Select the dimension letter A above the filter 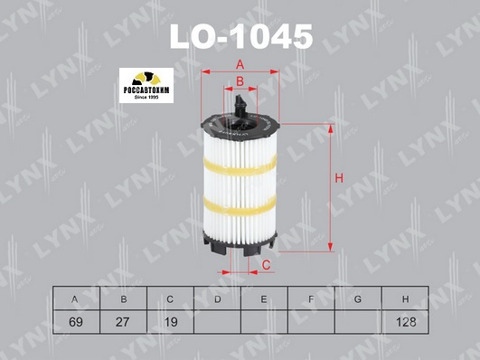pyautogui.click(x=240, y=63)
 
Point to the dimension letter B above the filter pyautogui.click(x=240, y=82)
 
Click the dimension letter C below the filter pyautogui.click(x=267, y=264)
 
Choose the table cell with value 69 pyautogui.click(x=75, y=320)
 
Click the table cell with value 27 pyautogui.click(x=122, y=320)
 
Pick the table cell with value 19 pyautogui.click(x=169, y=320)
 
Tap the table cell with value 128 pyautogui.click(x=404, y=320)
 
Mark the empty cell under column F pyautogui.click(x=310, y=320)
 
